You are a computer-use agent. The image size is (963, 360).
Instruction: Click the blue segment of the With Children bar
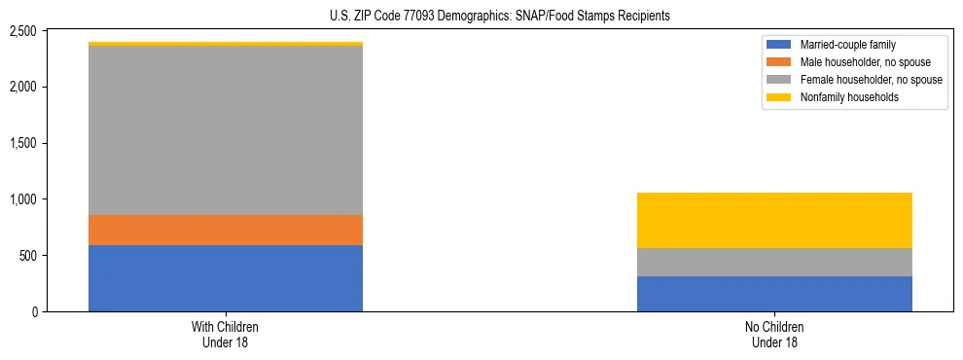click(226, 278)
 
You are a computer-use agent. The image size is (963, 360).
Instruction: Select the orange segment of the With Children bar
click(226, 230)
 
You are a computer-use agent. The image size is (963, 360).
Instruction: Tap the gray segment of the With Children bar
click(226, 130)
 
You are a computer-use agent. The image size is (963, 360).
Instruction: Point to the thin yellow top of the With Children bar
click(226, 44)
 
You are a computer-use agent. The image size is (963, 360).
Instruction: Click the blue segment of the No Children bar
click(774, 294)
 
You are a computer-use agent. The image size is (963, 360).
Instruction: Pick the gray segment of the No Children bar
click(774, 263)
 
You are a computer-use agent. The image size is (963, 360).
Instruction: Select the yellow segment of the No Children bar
click(774, 220)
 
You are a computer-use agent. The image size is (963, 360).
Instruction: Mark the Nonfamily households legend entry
click(843, 97)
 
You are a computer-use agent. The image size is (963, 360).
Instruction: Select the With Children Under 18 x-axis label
click(226, 335)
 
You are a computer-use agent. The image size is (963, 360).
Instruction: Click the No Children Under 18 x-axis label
click(774, 335)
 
